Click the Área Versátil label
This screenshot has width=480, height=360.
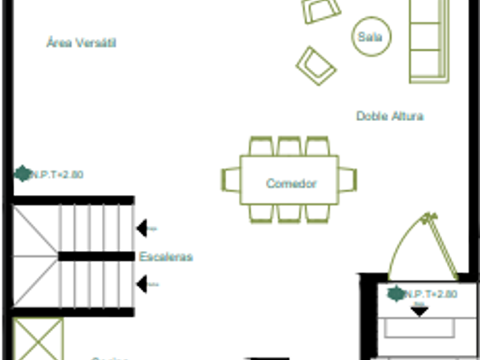(x=81, y=43)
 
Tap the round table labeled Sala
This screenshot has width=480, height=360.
(x=371, y=37)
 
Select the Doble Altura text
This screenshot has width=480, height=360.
(x=390, y=116)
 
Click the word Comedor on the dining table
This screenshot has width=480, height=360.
(x=291, y=184)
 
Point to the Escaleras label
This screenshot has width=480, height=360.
(x=166, y=257)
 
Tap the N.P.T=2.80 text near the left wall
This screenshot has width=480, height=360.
(x=56, y=175)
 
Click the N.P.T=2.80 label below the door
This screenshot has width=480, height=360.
(x=430, y=294)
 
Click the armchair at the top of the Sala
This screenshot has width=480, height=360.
(x=321, y=10)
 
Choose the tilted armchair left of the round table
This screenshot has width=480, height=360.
(x=315, y=65)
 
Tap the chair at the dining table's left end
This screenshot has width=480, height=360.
(x=231, y=179)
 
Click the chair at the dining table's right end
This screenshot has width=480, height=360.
(x=347, y=179)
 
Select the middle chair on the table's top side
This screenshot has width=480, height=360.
(x=289, y=146)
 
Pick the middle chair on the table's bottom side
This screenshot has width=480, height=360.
(x=289, y=213)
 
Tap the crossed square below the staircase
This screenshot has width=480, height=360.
(x=38, y=339)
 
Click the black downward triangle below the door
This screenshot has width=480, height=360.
(x=420, y=311)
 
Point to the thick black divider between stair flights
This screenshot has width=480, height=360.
(x=96, y=257)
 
